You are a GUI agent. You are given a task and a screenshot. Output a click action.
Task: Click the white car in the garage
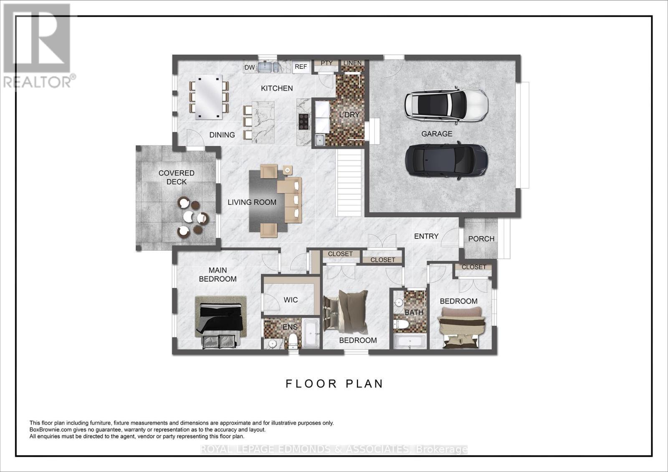[446, 105]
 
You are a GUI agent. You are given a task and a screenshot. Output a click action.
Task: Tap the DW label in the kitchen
[250, 68]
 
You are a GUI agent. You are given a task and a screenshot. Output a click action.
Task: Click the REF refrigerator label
[301, 67]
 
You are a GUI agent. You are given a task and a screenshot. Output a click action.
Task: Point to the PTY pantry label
[326, 63]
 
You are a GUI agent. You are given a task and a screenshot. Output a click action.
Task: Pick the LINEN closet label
[352, 63]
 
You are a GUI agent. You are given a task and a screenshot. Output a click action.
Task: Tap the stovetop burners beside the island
[304, 122]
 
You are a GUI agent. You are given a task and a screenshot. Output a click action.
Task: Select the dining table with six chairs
[209, 97]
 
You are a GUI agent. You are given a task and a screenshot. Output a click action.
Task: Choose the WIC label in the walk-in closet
[291, 300]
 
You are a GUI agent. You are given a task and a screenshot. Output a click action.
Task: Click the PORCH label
[481, 239]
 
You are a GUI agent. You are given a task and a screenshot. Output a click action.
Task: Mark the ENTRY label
[426, 236]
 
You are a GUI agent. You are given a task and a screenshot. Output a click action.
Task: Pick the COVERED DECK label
[177, 177]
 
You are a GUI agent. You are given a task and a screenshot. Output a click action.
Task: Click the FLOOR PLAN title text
[334, 384]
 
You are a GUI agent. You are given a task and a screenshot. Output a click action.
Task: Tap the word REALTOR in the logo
[38, 82]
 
